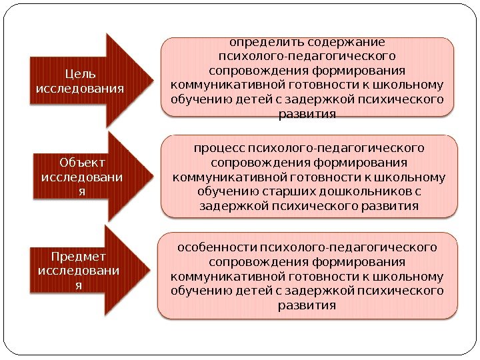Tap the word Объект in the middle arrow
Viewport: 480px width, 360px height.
[77, 162]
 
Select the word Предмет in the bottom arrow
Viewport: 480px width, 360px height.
[79, 256]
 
